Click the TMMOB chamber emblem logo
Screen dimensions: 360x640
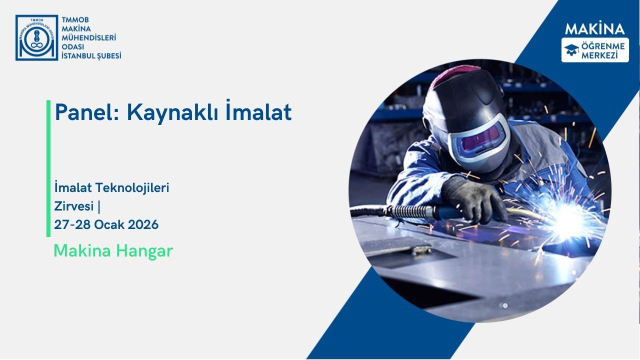coord(36,38)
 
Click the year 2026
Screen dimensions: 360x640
coord(142,225)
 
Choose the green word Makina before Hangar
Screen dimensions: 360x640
coord(82,251)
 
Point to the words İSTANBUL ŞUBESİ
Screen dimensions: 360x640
coord(91,56)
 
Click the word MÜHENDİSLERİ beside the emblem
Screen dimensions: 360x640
coord(88,37)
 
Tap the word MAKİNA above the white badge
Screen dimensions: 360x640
coord(594,29)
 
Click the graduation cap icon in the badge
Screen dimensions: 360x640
coord(571,49)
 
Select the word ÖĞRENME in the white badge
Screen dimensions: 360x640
coord(602,46)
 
